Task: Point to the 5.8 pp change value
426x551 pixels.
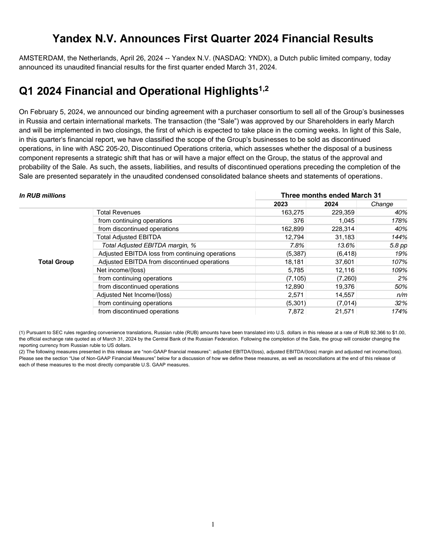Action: tap(398, 245)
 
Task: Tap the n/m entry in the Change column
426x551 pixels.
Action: tap(402, 295)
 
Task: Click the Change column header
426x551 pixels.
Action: tap(382, 204)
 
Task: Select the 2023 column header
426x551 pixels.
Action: tap(281, 204)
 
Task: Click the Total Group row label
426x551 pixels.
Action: tap(56, 262)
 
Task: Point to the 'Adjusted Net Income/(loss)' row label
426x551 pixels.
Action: tap(134, 295)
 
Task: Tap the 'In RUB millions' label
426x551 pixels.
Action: tap(42, 196)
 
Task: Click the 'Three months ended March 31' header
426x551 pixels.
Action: tap(331, 195)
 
